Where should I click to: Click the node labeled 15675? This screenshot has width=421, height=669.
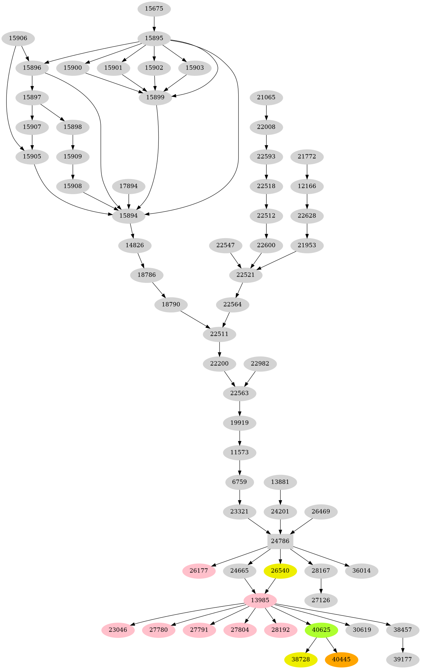pyautogui.click(x=154, y=9)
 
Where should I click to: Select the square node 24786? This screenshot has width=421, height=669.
pyautogui.click(x=280, y=541)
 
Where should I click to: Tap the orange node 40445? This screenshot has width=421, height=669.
pyautogui.click(x=341, y=659)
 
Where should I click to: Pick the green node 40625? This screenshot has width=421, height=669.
pyautogui.click(x=321, y=630)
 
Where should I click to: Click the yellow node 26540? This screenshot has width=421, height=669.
pyautogui.click(x=280, y=570)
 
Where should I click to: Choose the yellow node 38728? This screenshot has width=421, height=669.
pyautogui.click(x=300, y=659)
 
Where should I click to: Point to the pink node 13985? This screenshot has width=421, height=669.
pyautogui.click(x=260, y=600)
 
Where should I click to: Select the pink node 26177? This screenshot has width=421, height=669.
pyautogui.click(x=199, y=570)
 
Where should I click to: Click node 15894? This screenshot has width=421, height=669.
pyautogui.click(x=129, y=215)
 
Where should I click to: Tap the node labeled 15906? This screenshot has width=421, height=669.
pyautogui.click(x=18, y=38)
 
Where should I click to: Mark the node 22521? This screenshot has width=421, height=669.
pyautogui.click(x=246, y=275)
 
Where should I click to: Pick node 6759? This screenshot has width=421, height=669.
pyautogui.click(x=239, y=482)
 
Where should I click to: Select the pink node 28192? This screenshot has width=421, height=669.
pyautogui.click(x=280, y=630)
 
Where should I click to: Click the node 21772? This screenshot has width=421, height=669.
pyautogui.click(x=307, y=156)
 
